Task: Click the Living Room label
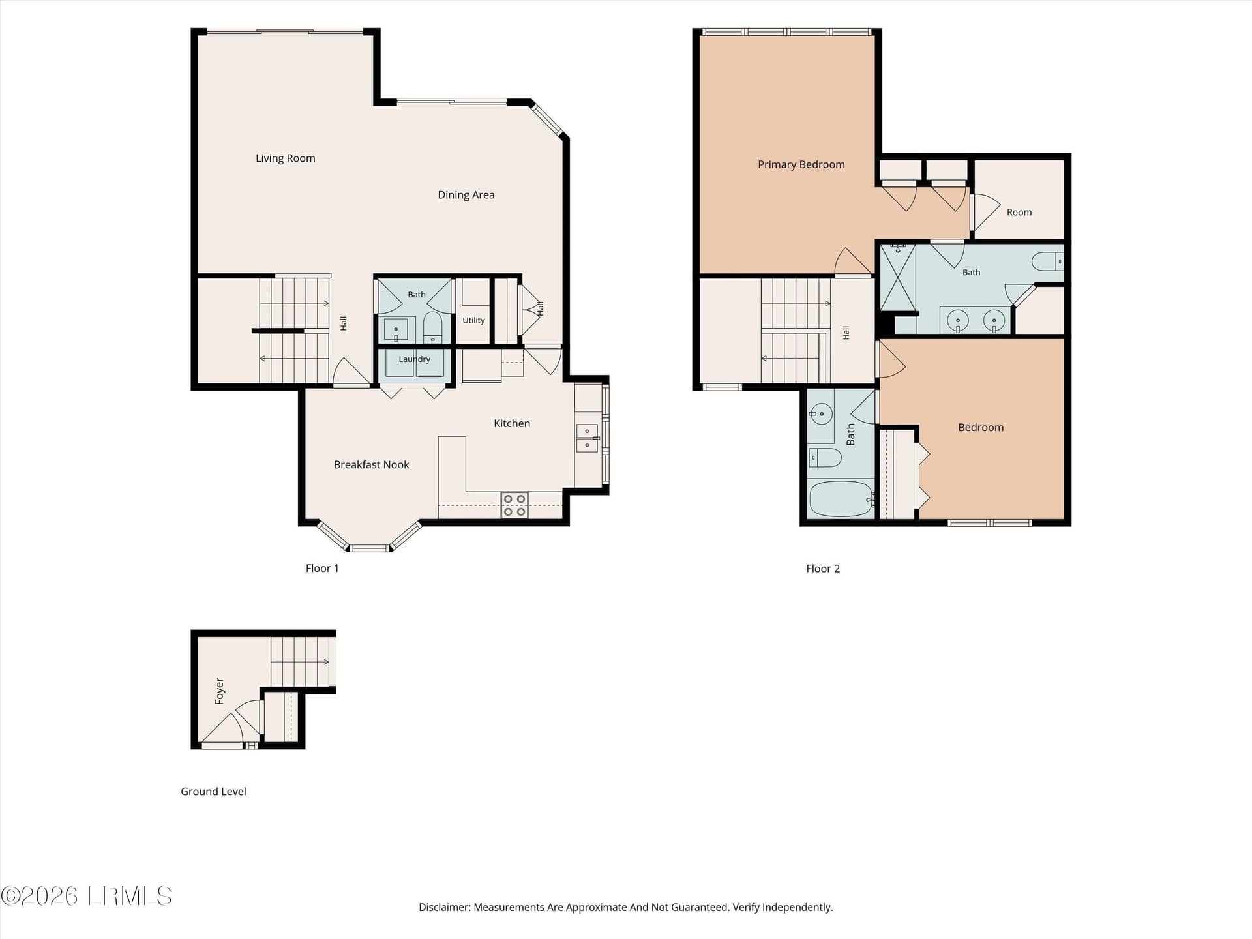pos(285,158)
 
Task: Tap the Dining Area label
pos(466,195)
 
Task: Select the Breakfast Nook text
pos(371,465)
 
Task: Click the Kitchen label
pos(512,424)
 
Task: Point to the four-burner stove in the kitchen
pos(514,505)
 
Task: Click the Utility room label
pos(473,320)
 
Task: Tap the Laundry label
pos(414,359)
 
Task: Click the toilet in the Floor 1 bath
pos(433,327)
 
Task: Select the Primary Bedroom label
pos(801,165)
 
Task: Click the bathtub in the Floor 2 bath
pos(841,499)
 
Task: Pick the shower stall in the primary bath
pos(898,277)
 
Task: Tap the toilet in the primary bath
pos(1047,261)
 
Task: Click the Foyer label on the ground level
pos(220,691)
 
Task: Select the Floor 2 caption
pos(823,569)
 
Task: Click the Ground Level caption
pos(213,792)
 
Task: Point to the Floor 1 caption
pos(322,569)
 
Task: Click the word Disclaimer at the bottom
pos(444,907)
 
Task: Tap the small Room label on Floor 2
pos(1019,213)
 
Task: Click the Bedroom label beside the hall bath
pos(981,428)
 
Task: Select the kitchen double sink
pos(587,438)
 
